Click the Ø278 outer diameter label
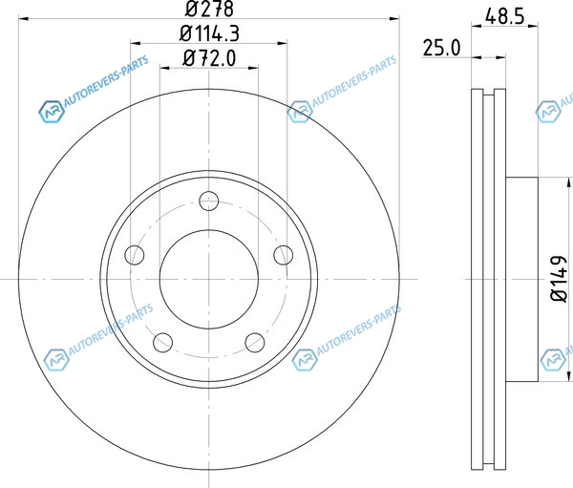click(x=209, y=9)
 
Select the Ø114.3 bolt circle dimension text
click(x=209, y=34)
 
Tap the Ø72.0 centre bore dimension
click(x=209, y=58)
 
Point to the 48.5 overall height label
click(x=505, y=17)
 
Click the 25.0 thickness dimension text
click(x=442, y=48)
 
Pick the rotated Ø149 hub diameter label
click(x=559, y=279)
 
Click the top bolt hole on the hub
click(x=209, y=201)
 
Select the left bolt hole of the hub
click(x=135, y=255)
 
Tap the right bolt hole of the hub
click(x=284, y=255)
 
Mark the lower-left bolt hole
click(x=163, y=343)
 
